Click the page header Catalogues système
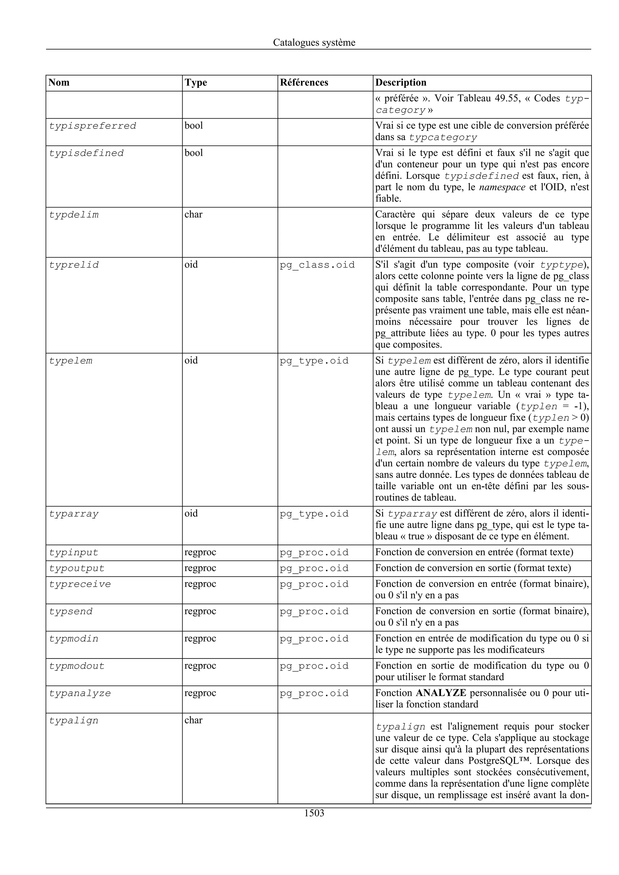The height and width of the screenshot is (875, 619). click(x=314, y=43)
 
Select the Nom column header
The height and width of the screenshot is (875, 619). click(x=59, y=83)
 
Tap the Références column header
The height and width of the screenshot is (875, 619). click(x=304, y=83)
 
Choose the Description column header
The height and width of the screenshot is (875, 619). click(x=400, y=83)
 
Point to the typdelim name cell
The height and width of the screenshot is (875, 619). click(x=74, y=215)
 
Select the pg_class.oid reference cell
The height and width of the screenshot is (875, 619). click(x=317, y=265)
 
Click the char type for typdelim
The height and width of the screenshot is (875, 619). click(x=193, y=215)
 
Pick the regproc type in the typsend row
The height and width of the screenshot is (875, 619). click(x=200, y=611)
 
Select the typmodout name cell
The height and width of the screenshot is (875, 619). click(x=77, y=666)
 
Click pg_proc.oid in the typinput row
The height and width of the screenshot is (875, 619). click(x=314, y=553)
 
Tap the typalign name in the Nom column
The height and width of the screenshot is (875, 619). click(x=74, y=720)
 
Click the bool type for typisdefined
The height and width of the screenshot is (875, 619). click(x=194, y=153)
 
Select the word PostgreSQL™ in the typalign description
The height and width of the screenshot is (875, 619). click(x=500, y=761)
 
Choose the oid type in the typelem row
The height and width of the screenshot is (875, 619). click(x=191, y=361)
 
